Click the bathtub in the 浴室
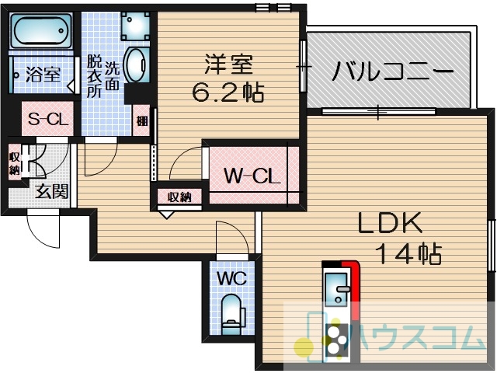coord(41,31)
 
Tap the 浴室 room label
coord(43,75)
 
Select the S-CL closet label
coord(48,119)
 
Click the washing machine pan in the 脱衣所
coord(135,26)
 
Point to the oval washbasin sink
coord(137,65)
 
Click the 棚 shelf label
coord(141,121)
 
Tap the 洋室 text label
coord(229,64)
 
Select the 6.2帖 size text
coord(228,92)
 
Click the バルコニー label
coord(391,71)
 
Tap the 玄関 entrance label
coord(52,191)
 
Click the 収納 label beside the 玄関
coord(14,163)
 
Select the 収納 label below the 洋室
coord(179,197)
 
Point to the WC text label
coord(232,279)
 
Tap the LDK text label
coord(390,223)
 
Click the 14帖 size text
coord(409,254)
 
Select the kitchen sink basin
coord(336,289)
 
